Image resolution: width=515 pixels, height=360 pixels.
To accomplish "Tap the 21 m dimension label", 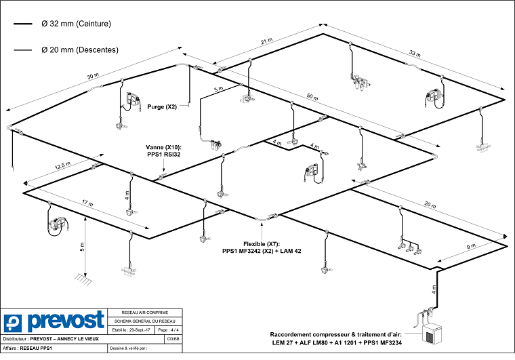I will coord(266,42).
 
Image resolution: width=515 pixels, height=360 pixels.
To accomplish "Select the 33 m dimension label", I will coord(414,53).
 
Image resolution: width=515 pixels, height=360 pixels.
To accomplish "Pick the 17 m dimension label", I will coord(87,203).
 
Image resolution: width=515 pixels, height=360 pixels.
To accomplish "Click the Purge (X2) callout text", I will coord(162,106).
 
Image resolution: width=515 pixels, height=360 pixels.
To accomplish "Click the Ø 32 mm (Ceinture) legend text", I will coord(76,24).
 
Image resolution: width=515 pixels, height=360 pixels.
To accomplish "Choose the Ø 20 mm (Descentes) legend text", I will coord(79,49).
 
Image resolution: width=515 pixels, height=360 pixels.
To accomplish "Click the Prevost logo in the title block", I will coord(54,321).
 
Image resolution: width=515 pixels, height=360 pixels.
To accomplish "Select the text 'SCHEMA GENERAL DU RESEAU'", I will coord(146,320).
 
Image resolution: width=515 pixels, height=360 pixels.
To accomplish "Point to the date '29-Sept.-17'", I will coord(138,329).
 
